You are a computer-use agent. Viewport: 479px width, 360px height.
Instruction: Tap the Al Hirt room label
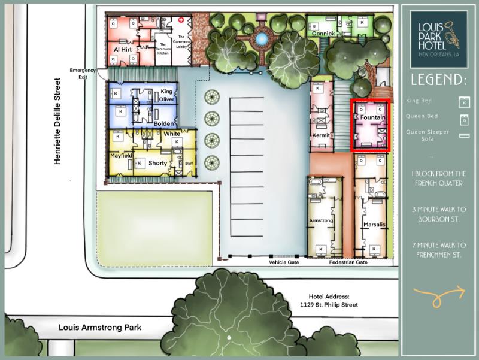122,49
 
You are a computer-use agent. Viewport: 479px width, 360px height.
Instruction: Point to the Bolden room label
163,123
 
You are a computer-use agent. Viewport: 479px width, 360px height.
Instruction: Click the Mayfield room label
120,155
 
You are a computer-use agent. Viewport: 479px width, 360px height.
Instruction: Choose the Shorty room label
157,163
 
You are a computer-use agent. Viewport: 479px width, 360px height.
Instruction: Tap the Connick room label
323,34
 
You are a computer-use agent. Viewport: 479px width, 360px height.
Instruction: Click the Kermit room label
322,136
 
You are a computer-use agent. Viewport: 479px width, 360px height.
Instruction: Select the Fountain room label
372,118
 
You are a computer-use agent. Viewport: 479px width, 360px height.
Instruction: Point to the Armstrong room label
320,221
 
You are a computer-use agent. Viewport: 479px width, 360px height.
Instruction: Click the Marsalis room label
374,225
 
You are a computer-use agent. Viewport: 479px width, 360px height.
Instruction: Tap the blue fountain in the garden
261,39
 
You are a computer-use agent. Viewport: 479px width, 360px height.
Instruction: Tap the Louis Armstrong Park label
99,328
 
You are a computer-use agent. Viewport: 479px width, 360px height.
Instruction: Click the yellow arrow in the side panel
439,293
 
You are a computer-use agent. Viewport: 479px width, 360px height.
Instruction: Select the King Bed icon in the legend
462,101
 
